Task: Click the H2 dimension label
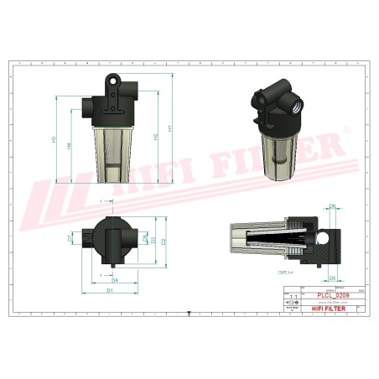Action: coord(156,137)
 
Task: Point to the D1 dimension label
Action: coord(110,290)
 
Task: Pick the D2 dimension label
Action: coord(164,241)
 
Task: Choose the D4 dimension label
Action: coord(115,279)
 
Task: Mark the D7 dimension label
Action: coord(70,239)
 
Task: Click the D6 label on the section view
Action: coord(332,205)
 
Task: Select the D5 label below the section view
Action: coord(332,278)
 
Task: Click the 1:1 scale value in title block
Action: coord(293,297)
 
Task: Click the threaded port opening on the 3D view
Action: coord(297,106)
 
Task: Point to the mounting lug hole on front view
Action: coord(110,83)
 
